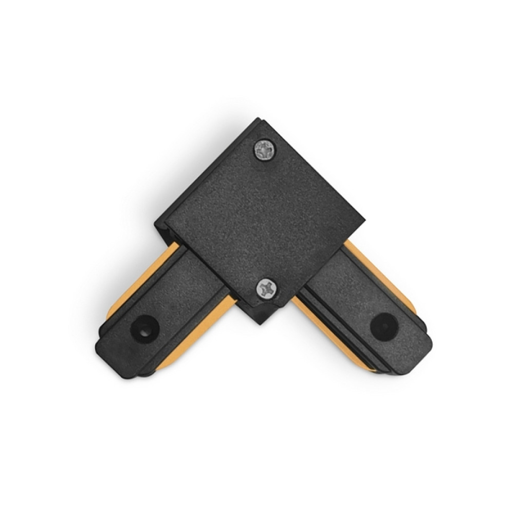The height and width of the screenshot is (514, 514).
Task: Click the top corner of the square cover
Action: tap(257, 122)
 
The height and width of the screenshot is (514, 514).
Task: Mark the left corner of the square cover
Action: tap(157, 224)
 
